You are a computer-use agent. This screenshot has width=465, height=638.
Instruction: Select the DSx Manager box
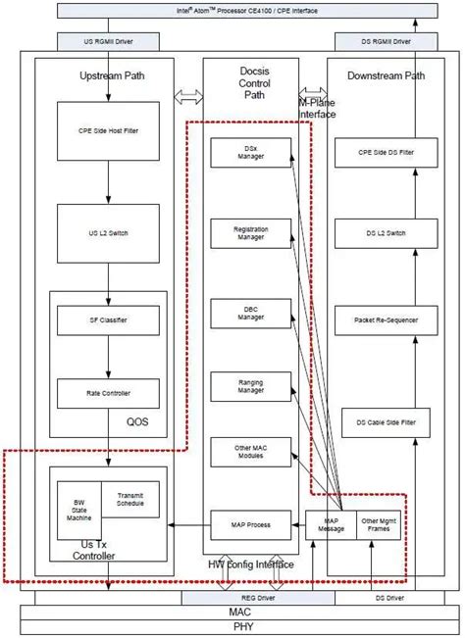coord(251,152)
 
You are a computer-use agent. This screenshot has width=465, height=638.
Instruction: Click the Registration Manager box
coord(251,232)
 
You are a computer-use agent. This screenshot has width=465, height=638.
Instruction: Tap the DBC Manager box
coord(251,313)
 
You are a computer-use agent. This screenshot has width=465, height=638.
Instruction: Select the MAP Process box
coord(251,525)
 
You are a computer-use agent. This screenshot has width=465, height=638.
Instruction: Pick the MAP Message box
coord(331,525)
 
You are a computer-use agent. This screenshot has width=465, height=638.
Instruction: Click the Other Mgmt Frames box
coord(380,525)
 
